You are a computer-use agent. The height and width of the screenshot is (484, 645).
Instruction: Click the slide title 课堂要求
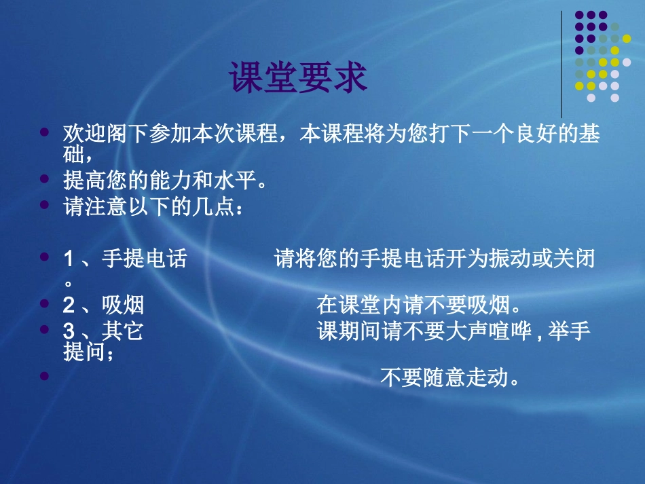(x=297, y=78)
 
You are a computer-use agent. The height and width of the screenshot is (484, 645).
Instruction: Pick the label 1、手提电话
(x=124, y=259)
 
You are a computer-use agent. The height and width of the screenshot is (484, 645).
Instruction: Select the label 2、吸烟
(x=103, y=305)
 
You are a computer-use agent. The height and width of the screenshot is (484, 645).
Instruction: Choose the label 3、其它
(x=103, y=331)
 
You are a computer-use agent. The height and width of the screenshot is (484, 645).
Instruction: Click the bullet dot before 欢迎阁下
(x=45, y=129)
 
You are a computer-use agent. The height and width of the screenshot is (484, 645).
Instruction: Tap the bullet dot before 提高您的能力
(x=45, y=179)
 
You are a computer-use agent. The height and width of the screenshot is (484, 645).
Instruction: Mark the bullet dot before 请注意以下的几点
(x=45, y=204)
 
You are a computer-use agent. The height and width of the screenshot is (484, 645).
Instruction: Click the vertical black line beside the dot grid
(x=562, y=64)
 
